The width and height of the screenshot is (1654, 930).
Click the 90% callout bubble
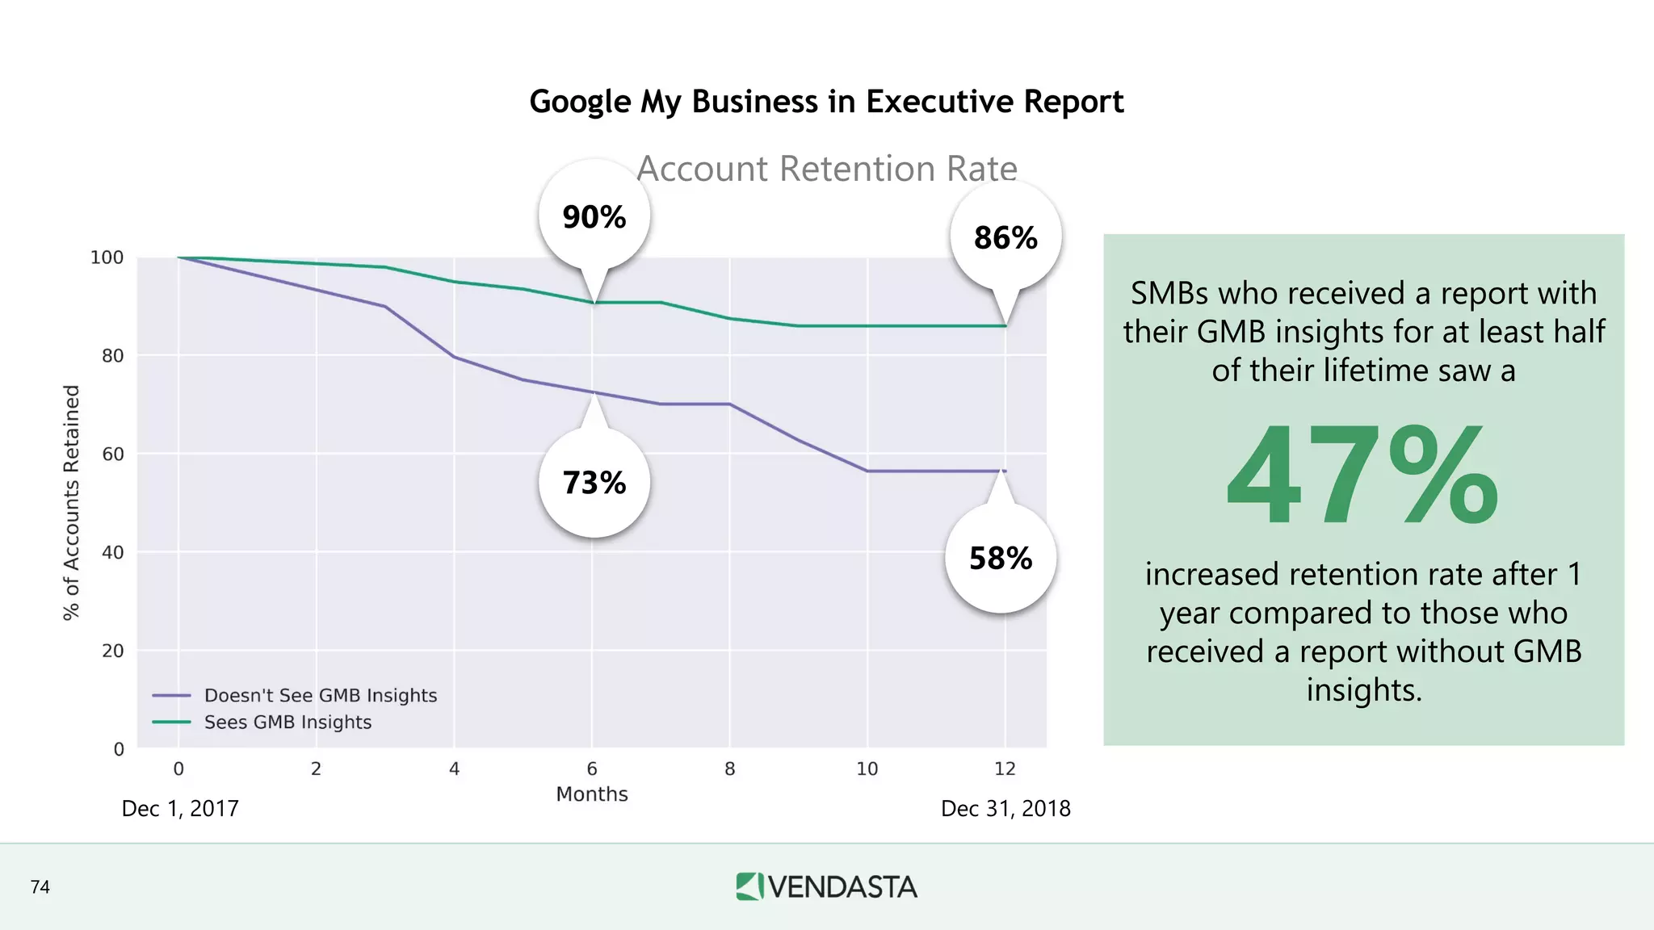pyautogui.click(x=594, y=216)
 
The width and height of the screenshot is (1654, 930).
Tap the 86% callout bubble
pyautogui.click(x=1005, y=237)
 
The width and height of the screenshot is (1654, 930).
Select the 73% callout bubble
pyautogui.click(x=594, y=483)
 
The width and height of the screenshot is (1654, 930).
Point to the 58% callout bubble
pyautogui.click(x=1001, y=559)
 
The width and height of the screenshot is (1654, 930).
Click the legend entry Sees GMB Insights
pyautogui.click(x=288, y=722)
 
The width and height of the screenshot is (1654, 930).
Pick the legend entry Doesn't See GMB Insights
pyautogui.click(x=320, y=695)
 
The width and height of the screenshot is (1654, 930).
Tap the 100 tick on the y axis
pyautogui.click(x=107, y=258)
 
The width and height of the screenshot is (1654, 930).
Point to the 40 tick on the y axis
pyautogui.click(x=112, y=552)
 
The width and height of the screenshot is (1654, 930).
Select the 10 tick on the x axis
pyautogui.click(x=867, y=769)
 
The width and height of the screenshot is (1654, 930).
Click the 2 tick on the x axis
pyautogui.click(x=316, y=769)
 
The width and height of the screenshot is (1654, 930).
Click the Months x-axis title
pyautogui.click(x=591, y=794)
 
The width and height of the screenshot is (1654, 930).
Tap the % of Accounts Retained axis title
pyautogui.click(x=72, y=502)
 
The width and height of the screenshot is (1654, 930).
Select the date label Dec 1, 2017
pyautogui.click(x=180, y=808)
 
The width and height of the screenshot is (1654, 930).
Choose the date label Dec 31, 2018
pyautogui.click(x=1005, y=808)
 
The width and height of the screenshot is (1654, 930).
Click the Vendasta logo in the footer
pyautogui.click(x=826, y=886)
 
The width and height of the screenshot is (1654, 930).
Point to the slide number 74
pyautogui.click(x=40, y=887)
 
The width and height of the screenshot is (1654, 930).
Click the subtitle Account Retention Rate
pyautogui.click(x=826, y=169)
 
